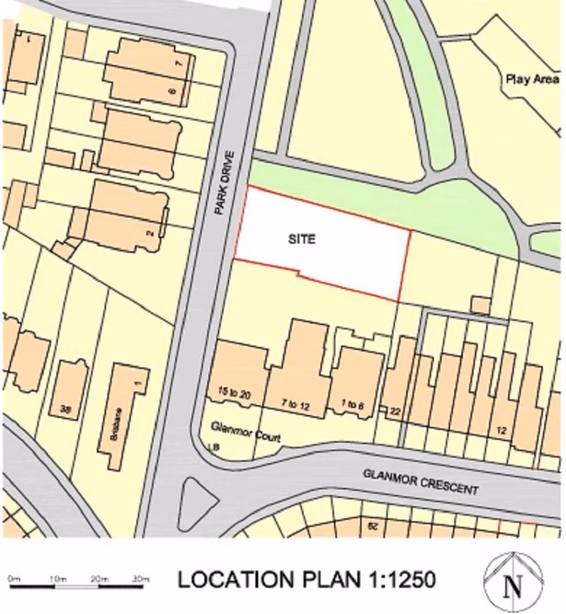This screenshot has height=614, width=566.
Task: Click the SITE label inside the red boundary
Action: (x=302, y=239)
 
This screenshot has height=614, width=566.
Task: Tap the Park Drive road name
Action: (x=221, y=183)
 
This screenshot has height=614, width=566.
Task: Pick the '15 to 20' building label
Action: (x=236, y=394)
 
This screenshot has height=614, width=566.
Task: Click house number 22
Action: (x=395, y=411)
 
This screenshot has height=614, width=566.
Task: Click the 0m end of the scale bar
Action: (x=14, y=578)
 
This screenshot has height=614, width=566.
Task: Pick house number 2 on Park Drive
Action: (x=149, y=233)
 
